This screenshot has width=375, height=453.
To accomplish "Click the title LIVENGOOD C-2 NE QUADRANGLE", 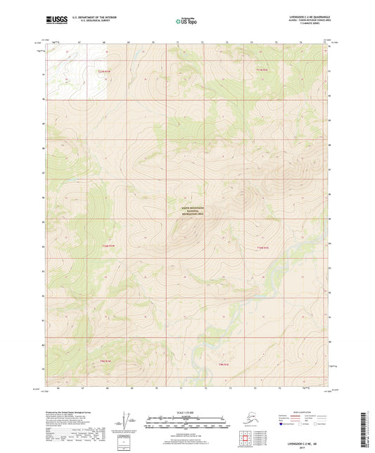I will click(x=305, y=16).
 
